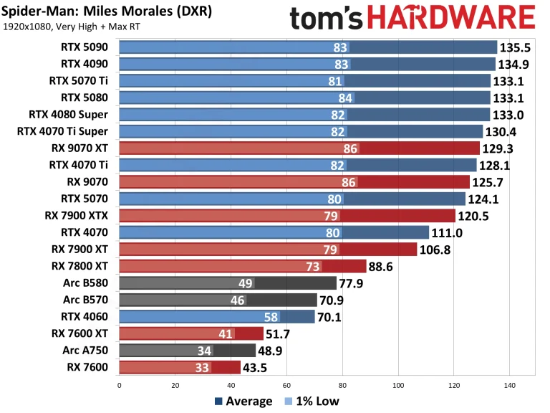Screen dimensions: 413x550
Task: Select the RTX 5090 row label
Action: pos(85,47)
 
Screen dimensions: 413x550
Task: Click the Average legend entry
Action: pos(243,401)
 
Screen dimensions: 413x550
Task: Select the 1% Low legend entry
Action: pos(312,401)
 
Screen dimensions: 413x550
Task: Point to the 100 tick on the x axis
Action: pos(398,385)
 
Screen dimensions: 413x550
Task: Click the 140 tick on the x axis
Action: pos(509,385)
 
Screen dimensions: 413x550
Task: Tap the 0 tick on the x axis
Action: pos(119,385)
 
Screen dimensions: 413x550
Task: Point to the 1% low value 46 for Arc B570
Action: pos(238,300)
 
